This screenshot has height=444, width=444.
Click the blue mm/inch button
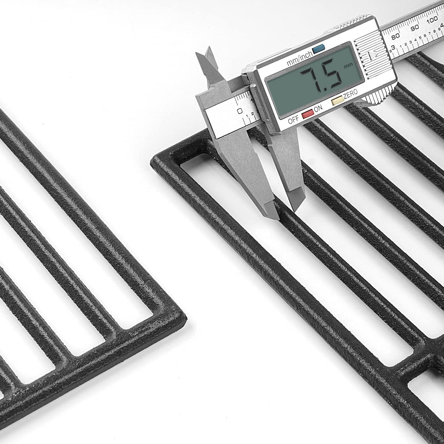[318, 48]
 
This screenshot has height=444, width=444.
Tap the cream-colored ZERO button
[337, 102]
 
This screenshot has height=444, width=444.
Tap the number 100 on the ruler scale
[432, 20]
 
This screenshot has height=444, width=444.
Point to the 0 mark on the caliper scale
[240, 111]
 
